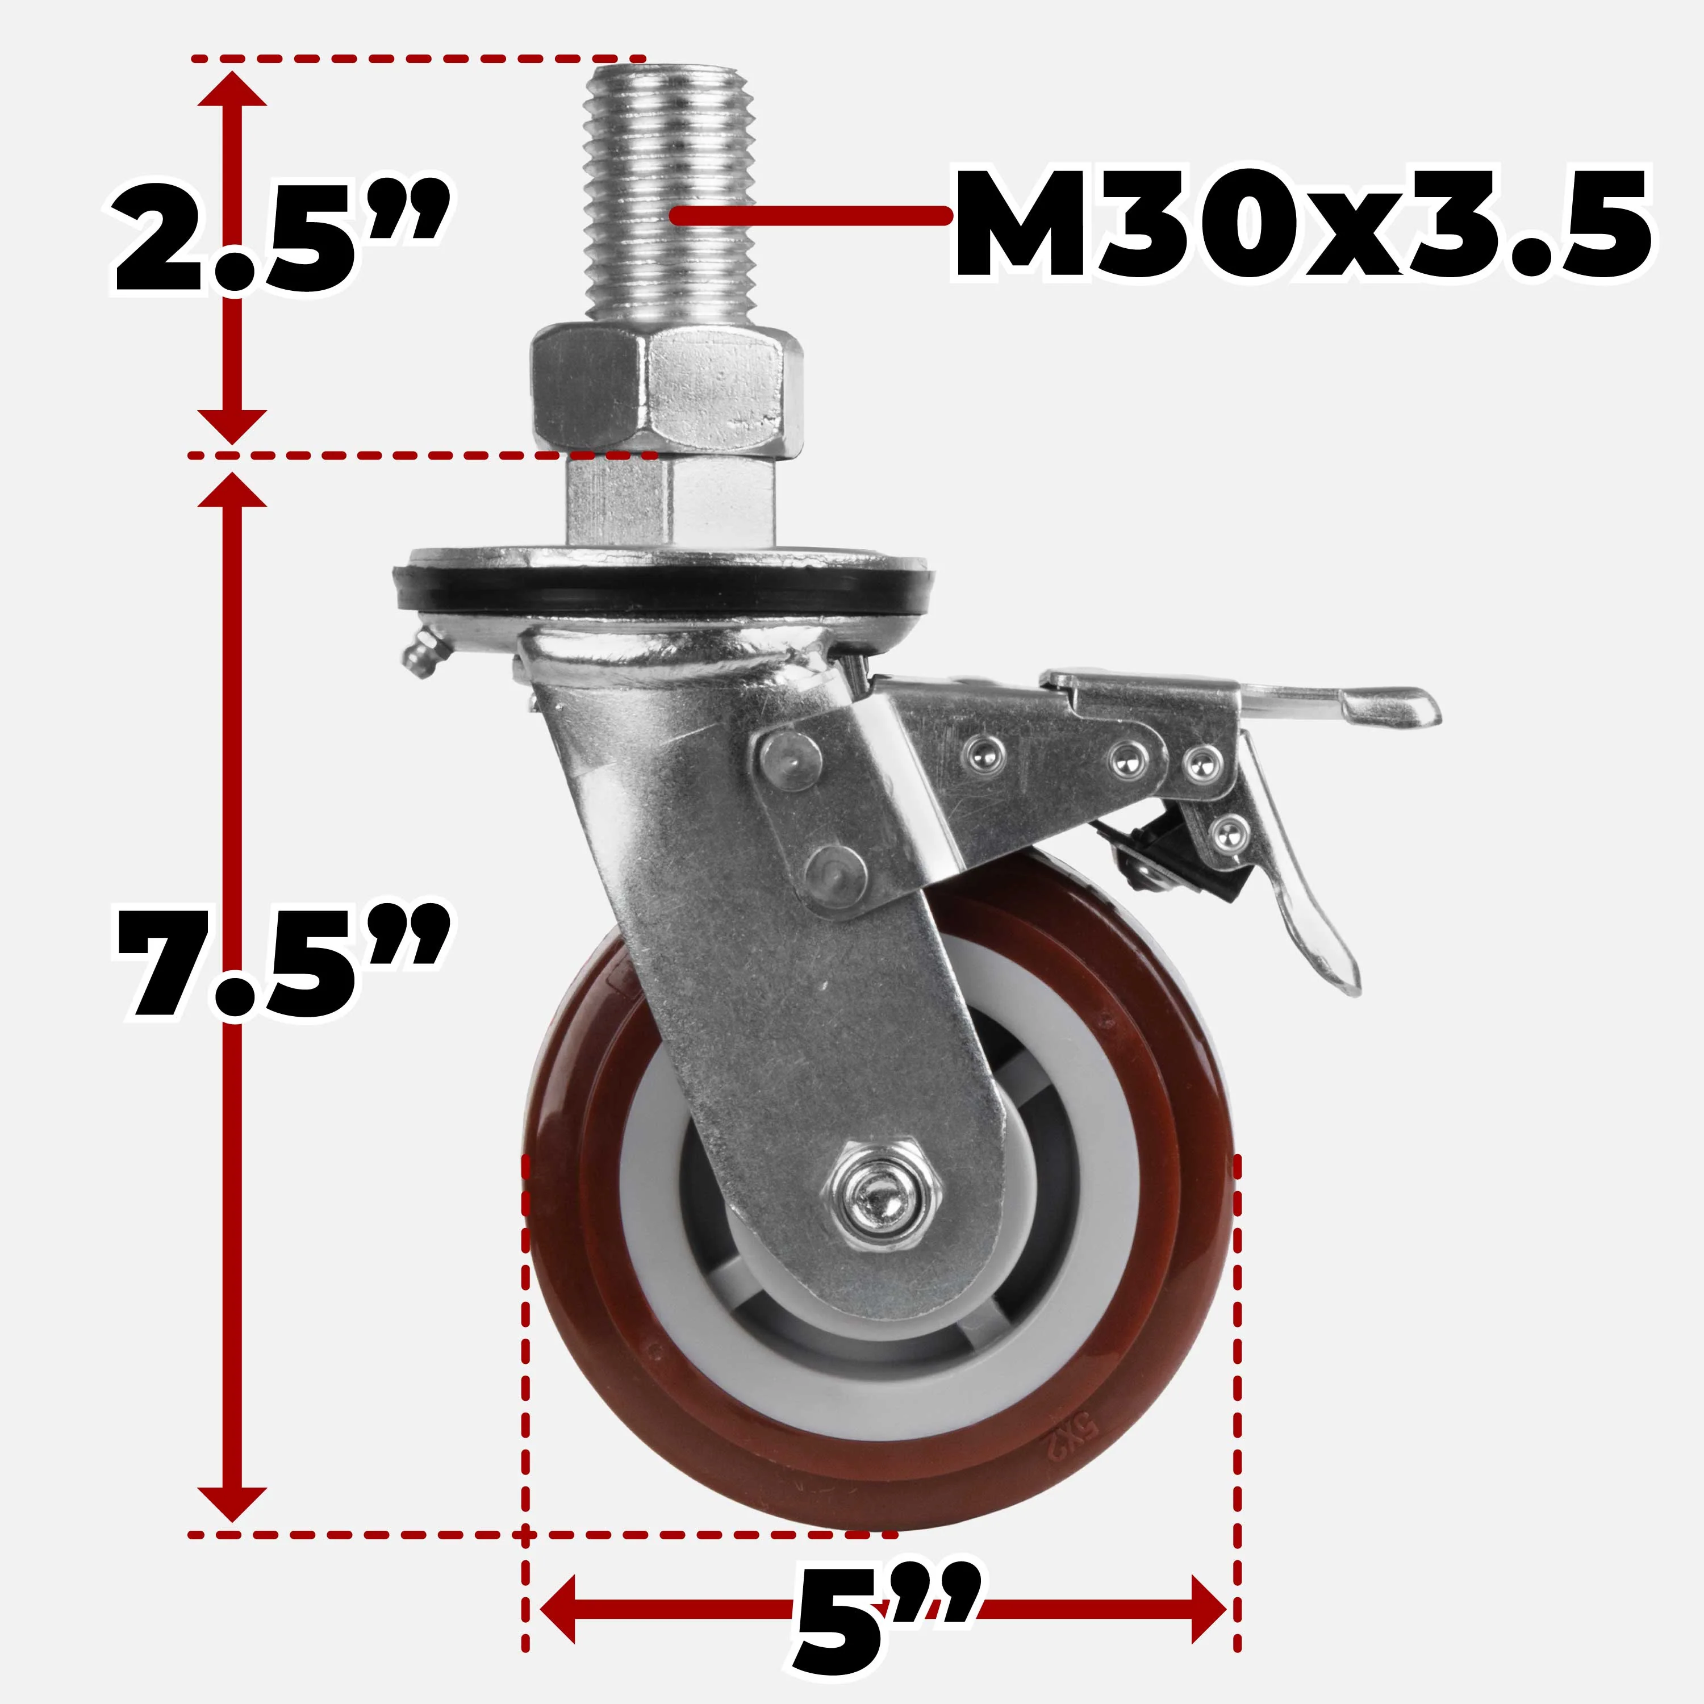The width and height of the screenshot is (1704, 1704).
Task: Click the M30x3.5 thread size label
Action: [1301, 225]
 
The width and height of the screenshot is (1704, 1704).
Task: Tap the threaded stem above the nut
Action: [666, 194]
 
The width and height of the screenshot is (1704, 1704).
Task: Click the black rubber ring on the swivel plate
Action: [662, 592]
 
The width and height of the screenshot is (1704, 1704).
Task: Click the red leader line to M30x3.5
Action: [812, 214]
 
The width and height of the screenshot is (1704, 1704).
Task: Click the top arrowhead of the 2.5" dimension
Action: [231, 88]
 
